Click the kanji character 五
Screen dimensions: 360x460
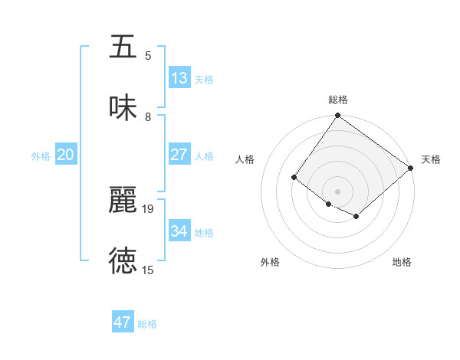point(123,47)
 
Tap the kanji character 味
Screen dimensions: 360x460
point(123,108)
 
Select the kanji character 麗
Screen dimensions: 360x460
point(123,200)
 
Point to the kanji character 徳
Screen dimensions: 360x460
point(123,260)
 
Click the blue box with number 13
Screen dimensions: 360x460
point(179,78)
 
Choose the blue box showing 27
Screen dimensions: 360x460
point(179,155)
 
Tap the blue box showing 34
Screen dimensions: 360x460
point(179,231)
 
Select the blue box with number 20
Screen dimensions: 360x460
point(65,155)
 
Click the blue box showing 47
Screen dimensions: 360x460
point(123,322)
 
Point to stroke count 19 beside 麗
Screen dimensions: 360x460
point(148,208)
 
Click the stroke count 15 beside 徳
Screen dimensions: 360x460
point(148,270)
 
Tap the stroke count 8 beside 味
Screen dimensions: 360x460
point(148,117)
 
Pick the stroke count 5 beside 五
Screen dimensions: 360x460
point(148,56)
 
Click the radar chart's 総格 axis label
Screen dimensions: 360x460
point(338,100)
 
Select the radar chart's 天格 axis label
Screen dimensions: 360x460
point(432,159)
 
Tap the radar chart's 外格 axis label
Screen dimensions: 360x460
point(270,262)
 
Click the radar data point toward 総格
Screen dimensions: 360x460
point(338,116)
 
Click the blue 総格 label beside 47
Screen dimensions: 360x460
point(147,324)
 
